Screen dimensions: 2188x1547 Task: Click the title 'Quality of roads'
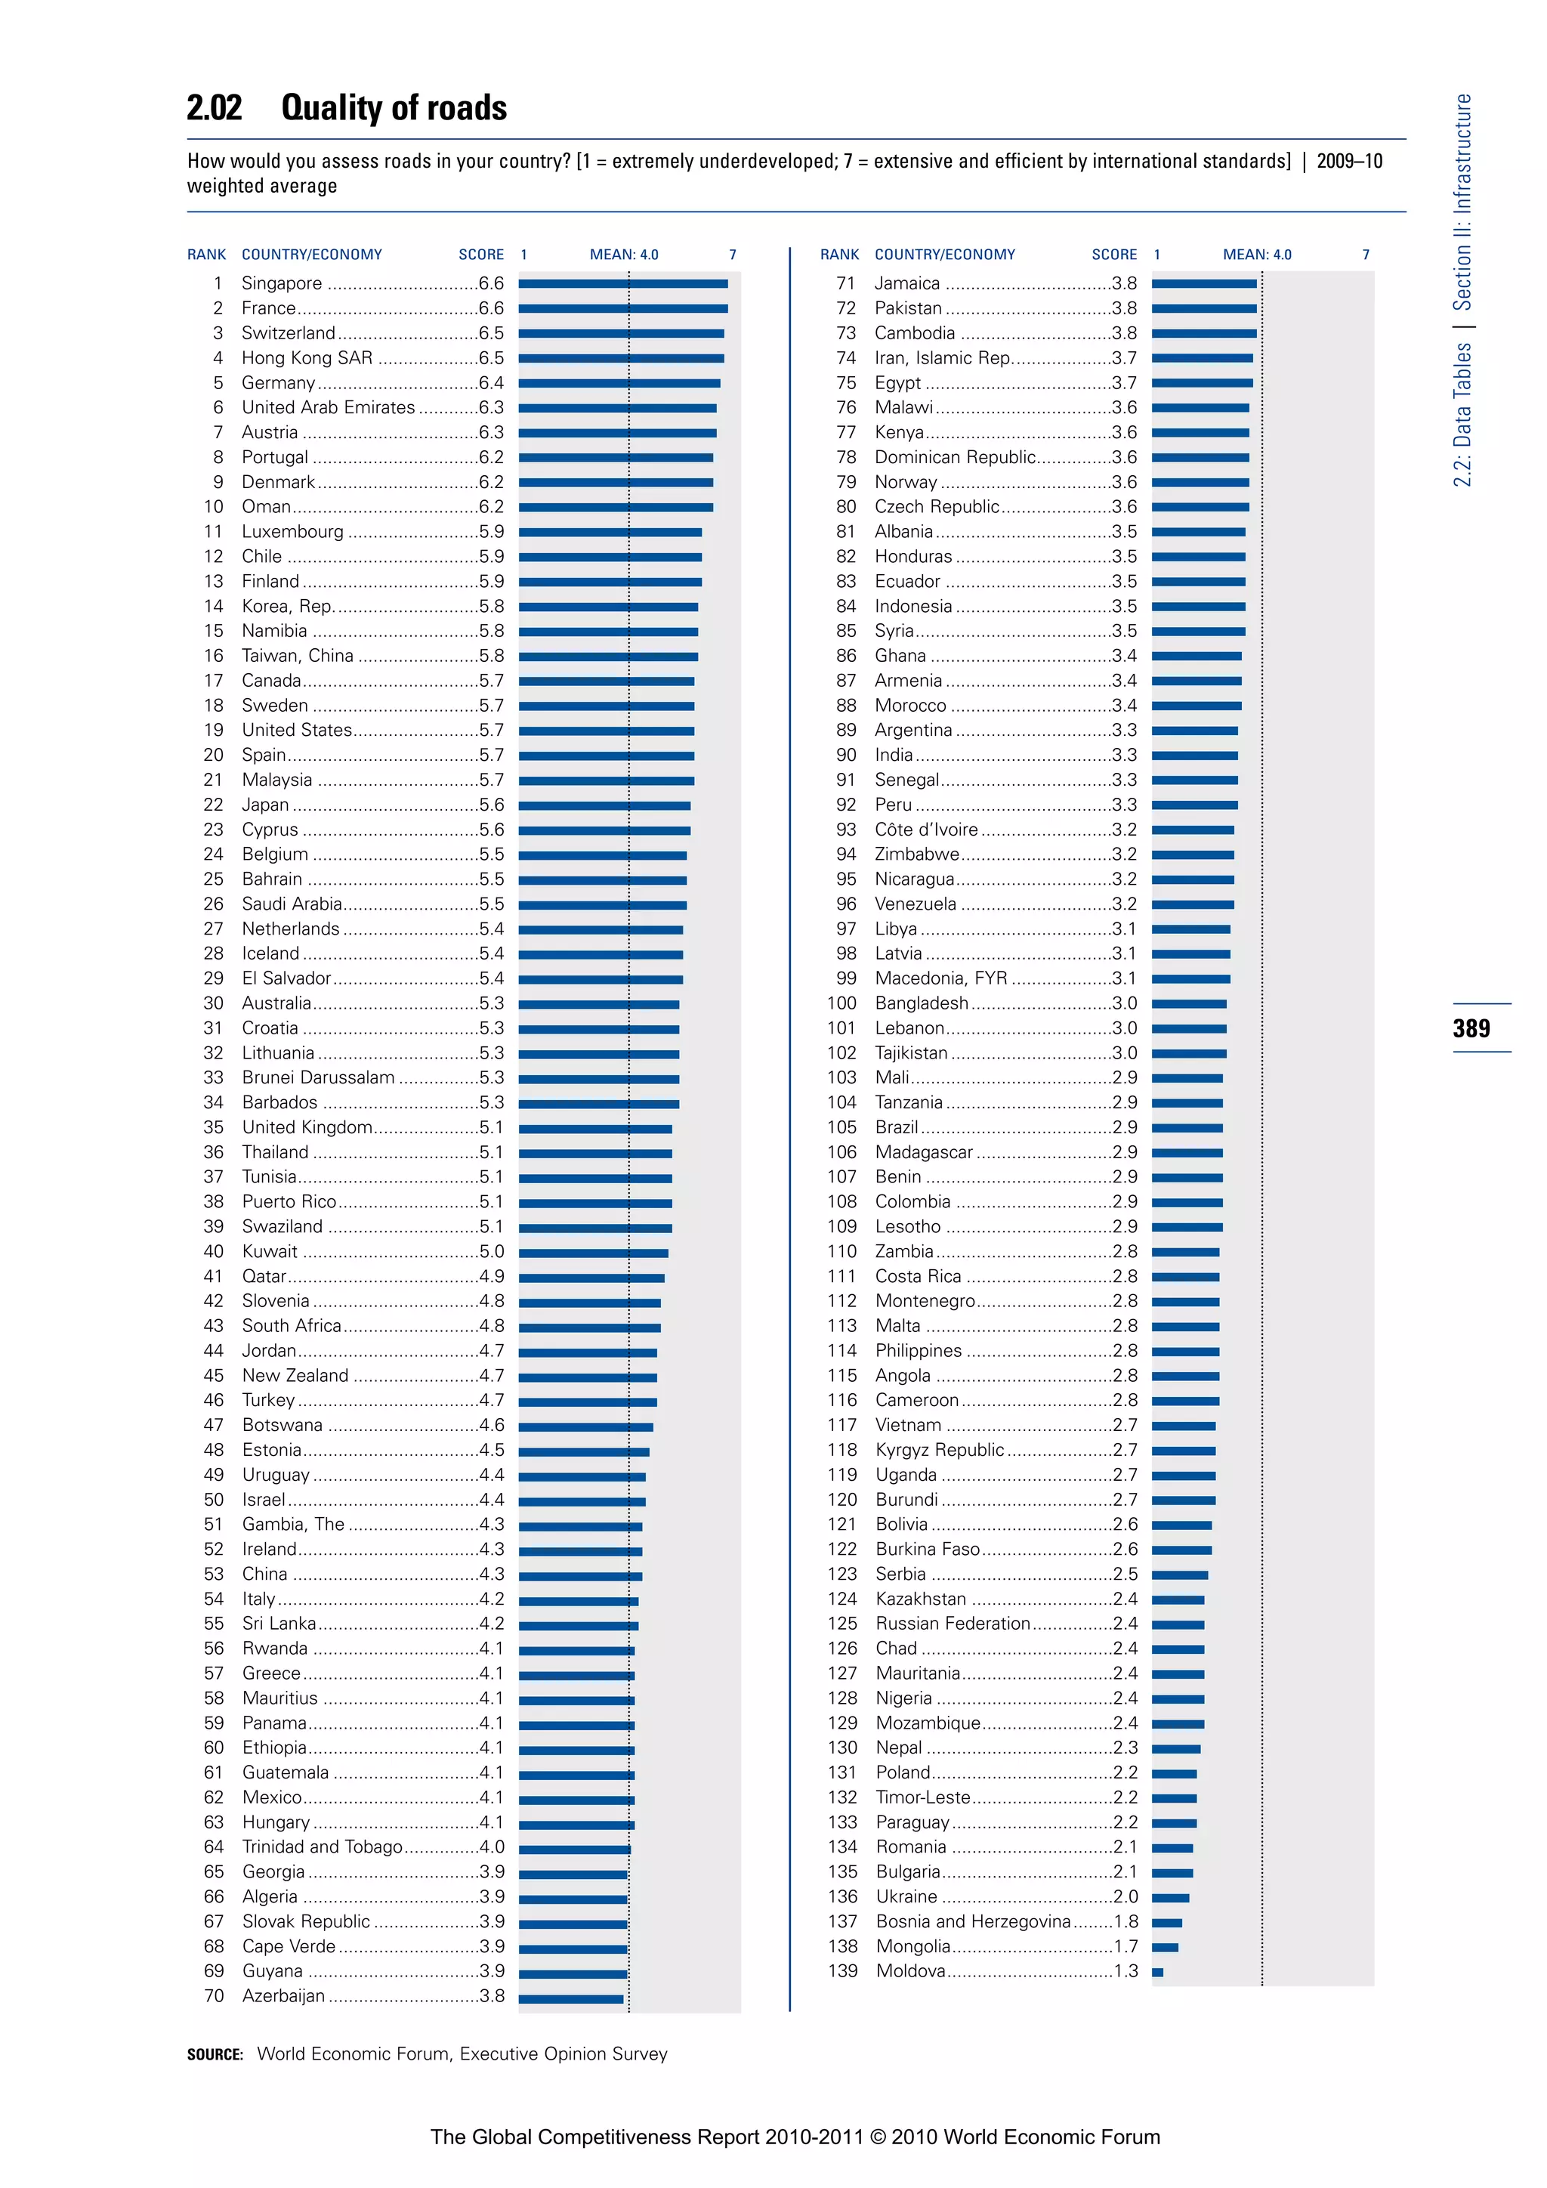click(x=394, y=108)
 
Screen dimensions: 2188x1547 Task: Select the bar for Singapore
click(x=623, y=284)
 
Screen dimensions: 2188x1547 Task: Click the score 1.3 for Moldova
click(x=1125, y=1970)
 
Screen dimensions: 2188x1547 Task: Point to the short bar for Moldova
click(x=1157, y=1973)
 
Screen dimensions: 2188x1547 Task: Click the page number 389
click(x=1471, y=1028)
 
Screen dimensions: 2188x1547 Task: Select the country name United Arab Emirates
click(x=328, y=408)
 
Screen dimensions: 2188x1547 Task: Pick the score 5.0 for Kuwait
click(x=492, y=1251)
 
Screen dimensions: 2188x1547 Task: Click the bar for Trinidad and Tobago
click(x=574, y=1849)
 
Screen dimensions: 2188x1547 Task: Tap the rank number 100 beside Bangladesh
click(x=842, y=1003)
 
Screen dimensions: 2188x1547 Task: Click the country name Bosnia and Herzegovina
click(x=973, y=1921)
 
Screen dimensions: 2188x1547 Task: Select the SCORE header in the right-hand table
click(x=1113, y=255)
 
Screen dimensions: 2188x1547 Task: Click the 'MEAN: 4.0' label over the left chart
click(x=624, y=255)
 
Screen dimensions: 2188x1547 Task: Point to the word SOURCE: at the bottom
click(x=215, y=2054)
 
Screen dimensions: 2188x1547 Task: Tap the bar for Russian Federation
click(x=1178, y=1625)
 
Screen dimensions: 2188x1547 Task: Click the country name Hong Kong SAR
click(x=307, y=358)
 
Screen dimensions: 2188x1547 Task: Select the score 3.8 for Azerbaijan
click(x=492, y=1995)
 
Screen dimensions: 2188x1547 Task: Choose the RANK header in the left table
click(x=207, y=255)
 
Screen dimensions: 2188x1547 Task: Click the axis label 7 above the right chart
click(x=1365, y=255)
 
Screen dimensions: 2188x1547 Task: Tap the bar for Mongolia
click(x=1165, y=1948)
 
